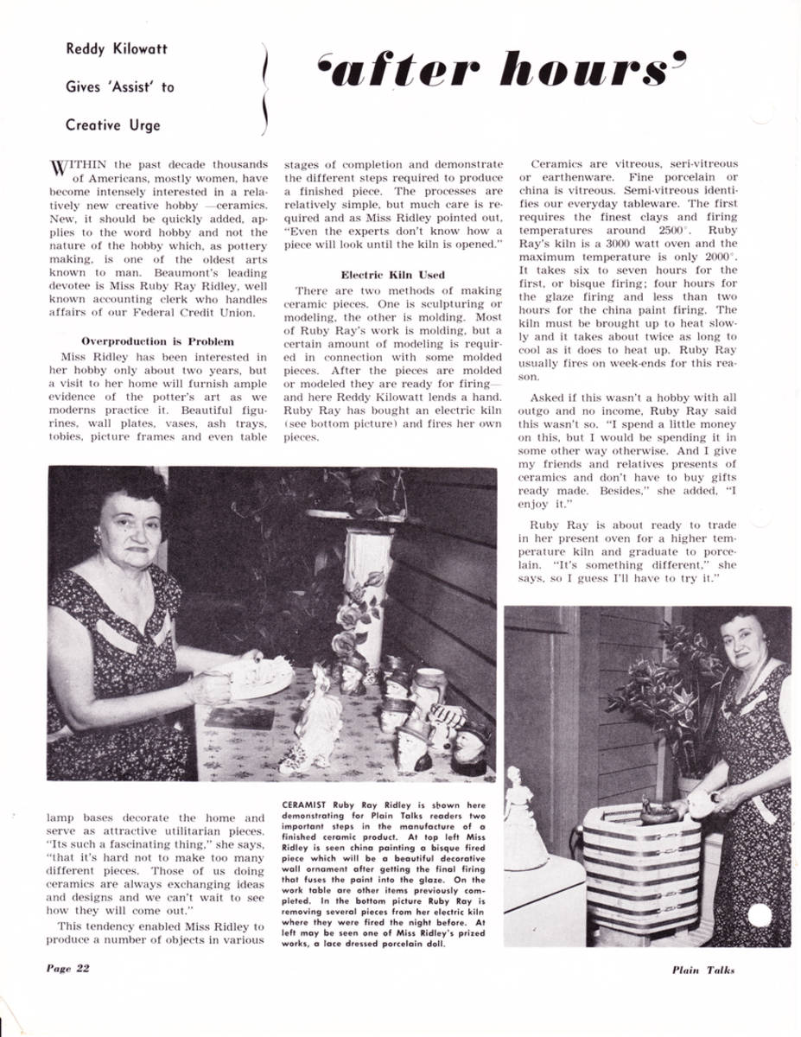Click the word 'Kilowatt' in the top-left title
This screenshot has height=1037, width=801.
pyautogui.click(x=138, y=49)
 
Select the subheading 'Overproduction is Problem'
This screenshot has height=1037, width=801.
pyautogui.click(x=157, y=341)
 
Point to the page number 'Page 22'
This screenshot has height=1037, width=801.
pyautogui.click(x=67, y=968)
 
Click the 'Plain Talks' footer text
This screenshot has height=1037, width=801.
pyautogui.click(x=702, y=970)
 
